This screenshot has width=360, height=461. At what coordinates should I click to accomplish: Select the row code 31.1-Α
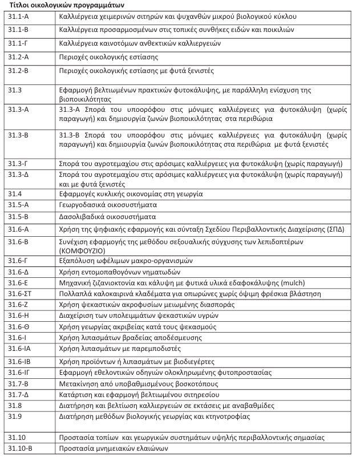pyautogui.click(x=18, y=17)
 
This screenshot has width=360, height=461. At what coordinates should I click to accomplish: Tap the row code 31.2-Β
pyautogui.click(x=18, y=71)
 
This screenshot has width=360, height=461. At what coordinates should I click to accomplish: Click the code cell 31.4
pyautogui.click(x=15, y=194)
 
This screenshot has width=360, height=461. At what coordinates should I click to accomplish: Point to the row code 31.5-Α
pyautogui.click(x=18, y=205)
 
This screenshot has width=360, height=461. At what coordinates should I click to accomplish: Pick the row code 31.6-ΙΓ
pyautogui.click(x=19, y=373)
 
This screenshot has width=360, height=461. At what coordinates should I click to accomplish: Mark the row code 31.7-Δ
pyautogui.click(x=18, y=395)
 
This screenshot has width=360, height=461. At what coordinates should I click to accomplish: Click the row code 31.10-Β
pyautogui.click(x=20, y=449)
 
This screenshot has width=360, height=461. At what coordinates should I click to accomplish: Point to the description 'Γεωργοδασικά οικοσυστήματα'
pyautogui.click(x=108, y=205)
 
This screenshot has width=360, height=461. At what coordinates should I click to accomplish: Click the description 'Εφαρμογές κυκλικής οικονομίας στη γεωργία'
pyautogui.click(x=131, y=194)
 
